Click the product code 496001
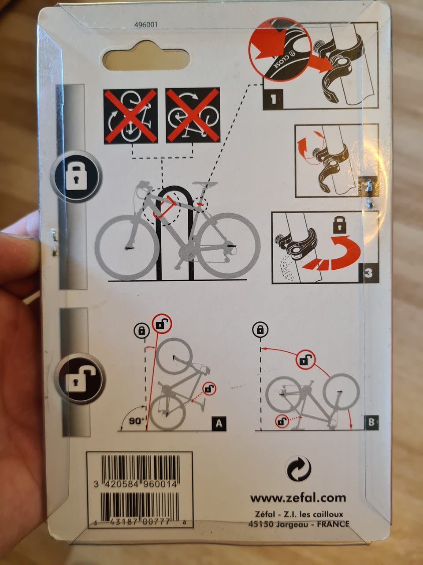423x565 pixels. (146, 25)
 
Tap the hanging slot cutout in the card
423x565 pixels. (146, 56)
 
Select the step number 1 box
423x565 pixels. (273, 99)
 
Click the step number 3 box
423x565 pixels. (368, 273)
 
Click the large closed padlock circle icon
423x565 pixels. (76, 177)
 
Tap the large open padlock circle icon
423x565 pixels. (80, 379)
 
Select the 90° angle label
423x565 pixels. (137, 421)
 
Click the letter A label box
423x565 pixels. (219, 423)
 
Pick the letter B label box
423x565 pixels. (371, 422)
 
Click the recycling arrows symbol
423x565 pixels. (298, 468)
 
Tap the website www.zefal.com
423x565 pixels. (298, 498)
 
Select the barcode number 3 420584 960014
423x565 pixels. (135, 484)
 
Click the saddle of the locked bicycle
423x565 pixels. (205, 184)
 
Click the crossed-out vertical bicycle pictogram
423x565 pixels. (130, 116)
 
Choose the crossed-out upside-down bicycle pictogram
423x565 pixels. (193, 115)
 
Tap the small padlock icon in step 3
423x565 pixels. (339, 225)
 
